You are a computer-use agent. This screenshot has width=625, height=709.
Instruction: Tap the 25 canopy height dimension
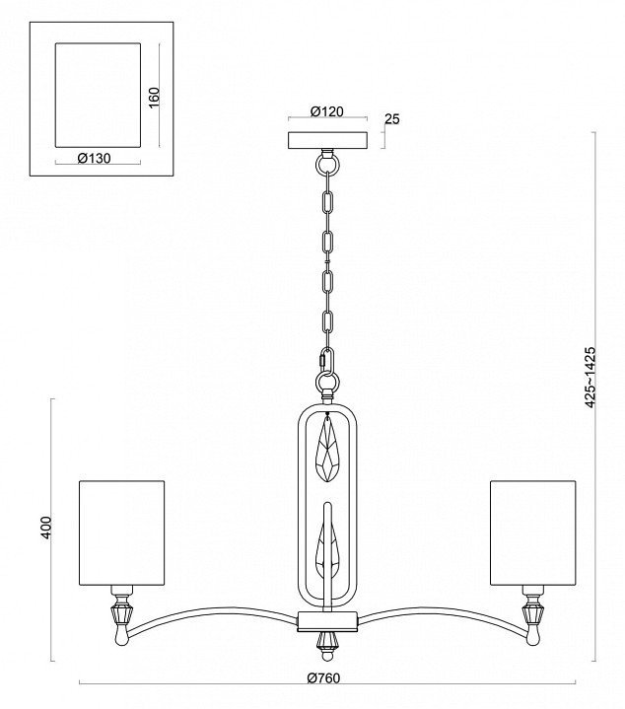pos(391,119)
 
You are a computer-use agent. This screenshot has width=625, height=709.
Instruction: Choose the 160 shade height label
pos(155,101)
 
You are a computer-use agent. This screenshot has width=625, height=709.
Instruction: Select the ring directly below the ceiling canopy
pos(324,158)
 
